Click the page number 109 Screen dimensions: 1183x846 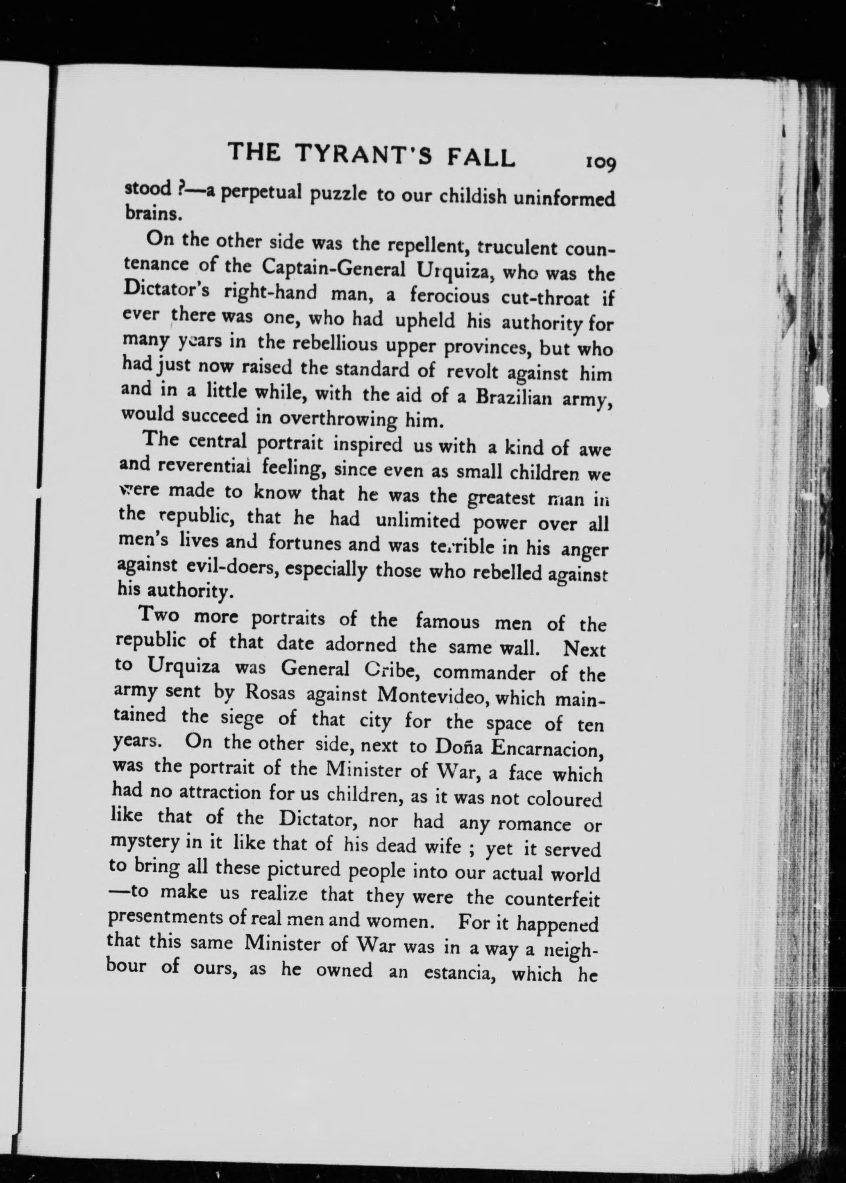(601, 163)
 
